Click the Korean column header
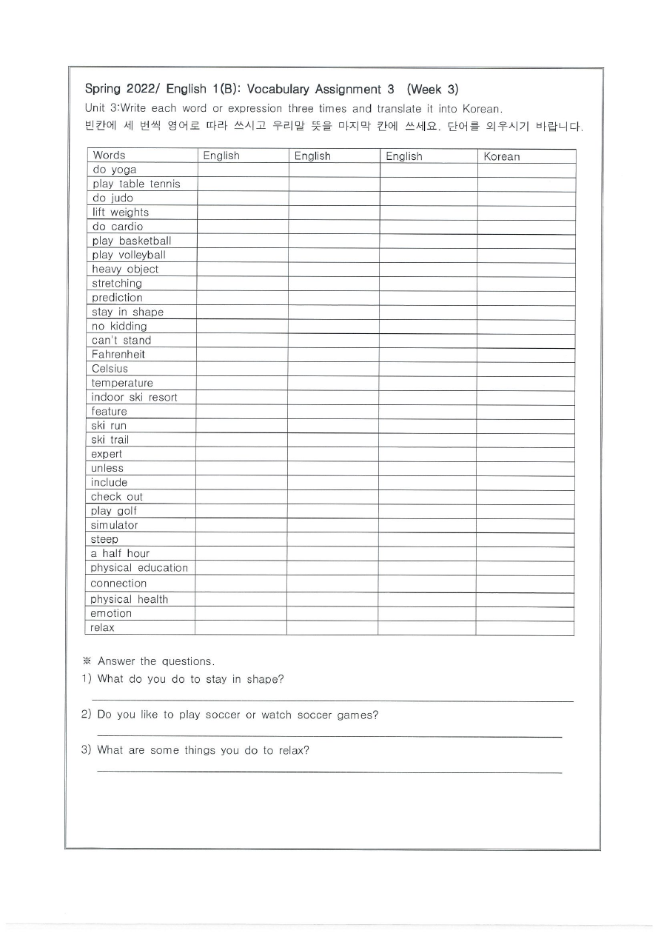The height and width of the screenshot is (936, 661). pos(502,156)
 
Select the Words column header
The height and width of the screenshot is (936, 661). pos(109,156)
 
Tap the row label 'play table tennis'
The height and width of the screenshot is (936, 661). pos(136,184)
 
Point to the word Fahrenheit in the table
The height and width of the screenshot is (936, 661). pos(118,355)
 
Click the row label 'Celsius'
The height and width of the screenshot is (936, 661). pos(110,369)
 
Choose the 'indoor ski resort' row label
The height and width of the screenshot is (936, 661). pos(135,397)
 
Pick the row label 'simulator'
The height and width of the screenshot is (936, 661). pos(115,525)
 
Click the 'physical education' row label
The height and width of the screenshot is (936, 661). pos(139,568)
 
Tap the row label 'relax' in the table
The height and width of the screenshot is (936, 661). pos(103,628)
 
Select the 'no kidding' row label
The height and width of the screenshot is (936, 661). pos(119,326)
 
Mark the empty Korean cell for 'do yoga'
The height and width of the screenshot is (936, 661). pos(526,170)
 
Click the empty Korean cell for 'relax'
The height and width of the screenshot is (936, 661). pos(525,628)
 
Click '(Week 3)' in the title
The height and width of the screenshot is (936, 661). pos(432,90)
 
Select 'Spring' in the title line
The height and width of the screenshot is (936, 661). pos(102,90)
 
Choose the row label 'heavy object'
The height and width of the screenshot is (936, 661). pos(125,270)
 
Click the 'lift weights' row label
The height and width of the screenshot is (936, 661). pos(121,213)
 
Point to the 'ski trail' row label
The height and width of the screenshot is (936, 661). pos(110,440)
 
